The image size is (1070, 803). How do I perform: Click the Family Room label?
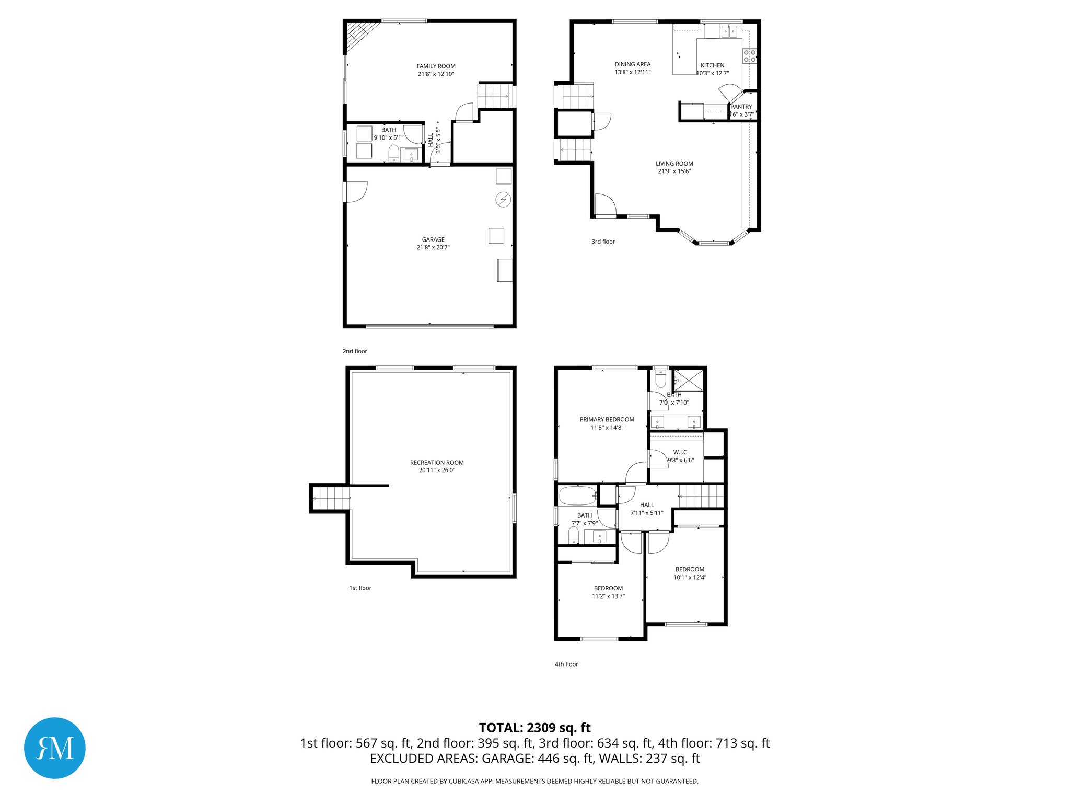(436, 66)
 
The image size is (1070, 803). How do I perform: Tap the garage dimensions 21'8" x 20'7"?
(433, 248)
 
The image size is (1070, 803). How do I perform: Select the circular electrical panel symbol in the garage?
(503, 200)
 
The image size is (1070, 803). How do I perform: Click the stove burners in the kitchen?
(750, 56)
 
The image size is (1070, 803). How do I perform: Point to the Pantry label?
(741, 107)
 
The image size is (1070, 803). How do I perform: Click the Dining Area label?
(632, 64)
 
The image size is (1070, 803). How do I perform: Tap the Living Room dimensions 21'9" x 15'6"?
(674, 171)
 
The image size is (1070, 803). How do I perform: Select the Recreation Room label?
(437, 463)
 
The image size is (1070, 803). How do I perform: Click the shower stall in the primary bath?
(688, 380)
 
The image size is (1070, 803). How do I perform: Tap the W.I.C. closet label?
(680, 452)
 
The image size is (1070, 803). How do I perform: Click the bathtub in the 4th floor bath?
(577, 495)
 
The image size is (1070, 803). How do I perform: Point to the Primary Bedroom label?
(607, 420)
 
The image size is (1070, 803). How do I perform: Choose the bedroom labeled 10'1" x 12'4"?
(690, 573)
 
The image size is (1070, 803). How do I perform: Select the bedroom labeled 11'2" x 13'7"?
(608, 592)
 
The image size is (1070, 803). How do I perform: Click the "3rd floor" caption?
(603, 242)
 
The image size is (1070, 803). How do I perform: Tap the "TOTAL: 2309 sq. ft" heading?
(534, 728)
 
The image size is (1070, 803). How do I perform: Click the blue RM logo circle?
(55, 748)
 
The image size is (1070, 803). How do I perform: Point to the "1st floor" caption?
(360, 588)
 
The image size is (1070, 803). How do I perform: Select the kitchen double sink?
(729, 31)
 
